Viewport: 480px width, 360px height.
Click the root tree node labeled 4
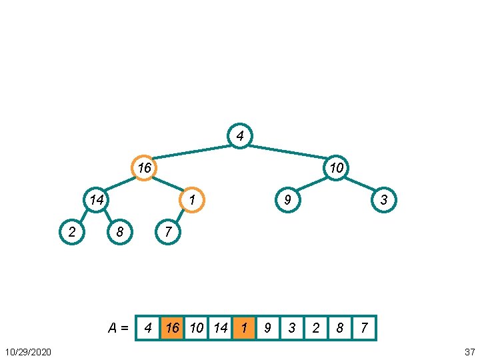[x=240, y=136]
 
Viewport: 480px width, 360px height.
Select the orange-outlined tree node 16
[x=144, y=167]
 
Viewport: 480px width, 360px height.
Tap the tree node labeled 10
[x=337, y=167]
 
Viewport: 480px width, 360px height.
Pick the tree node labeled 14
[x=97, y=199]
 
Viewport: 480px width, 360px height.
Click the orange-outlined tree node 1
[x=192, y=199]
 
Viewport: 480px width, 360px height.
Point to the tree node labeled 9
[x=288, y=199]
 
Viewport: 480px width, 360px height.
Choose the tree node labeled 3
[x=384, y=199]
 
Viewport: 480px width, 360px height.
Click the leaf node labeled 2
[x=72, y=231]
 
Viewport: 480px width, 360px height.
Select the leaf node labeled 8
[x=120, y=231]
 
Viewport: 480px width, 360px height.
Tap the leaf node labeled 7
[x=168, y=231]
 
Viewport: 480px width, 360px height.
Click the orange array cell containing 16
[x=172, y=328]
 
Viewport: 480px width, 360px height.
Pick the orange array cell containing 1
[x=244, y=328]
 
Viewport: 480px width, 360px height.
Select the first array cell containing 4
[x=148, y=328]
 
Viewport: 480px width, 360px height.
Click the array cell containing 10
[x=196, y=328]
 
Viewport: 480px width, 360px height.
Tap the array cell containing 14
[x=220, y=328]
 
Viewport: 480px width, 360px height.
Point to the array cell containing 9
[x=268, y=328]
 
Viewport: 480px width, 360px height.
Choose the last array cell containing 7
[x=364, y=328]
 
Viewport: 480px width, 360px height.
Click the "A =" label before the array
[x=119, y=327]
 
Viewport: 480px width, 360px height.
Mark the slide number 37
[x=469, y=351]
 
